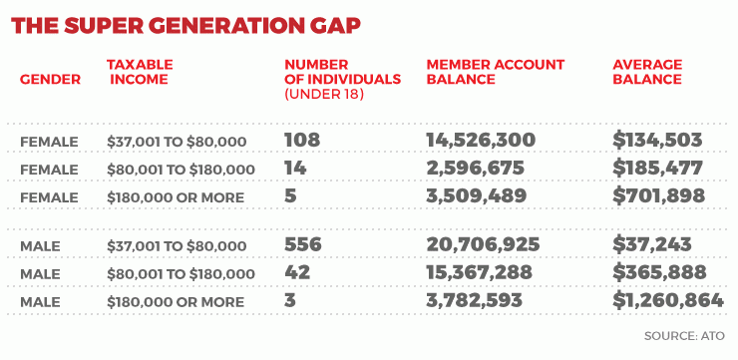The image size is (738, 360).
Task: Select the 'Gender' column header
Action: point(50,79)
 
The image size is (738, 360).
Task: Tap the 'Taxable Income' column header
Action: point(140,72)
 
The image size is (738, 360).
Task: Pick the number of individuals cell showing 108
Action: point(302,140)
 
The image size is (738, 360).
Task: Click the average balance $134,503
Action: point(658,140)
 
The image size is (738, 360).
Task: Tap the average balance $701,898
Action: point(658,196)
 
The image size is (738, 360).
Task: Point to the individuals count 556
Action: point(302,245)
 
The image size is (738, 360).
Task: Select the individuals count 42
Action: point(297,273)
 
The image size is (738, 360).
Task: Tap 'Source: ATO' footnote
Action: point(684,336)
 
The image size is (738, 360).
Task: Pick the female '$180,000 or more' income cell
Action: point(176,197)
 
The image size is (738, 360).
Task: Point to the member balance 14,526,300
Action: point(481,140)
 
